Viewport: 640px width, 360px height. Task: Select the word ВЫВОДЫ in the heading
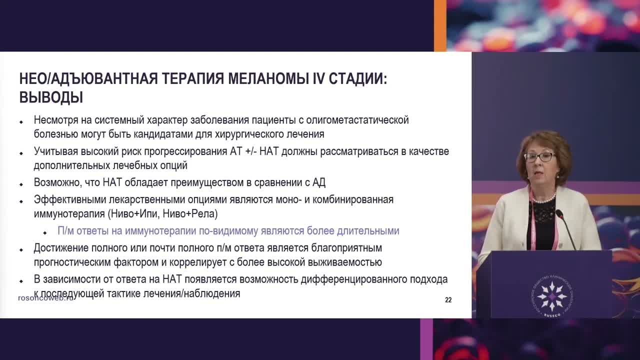51,97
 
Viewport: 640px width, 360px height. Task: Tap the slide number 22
448,300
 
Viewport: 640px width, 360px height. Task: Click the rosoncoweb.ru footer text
46,297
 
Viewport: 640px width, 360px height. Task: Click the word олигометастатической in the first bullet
357,120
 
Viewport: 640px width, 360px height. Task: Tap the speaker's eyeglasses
539,156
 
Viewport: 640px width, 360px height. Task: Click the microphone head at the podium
559,214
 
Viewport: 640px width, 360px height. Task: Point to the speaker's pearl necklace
543,199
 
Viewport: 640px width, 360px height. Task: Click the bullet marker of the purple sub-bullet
45,232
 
